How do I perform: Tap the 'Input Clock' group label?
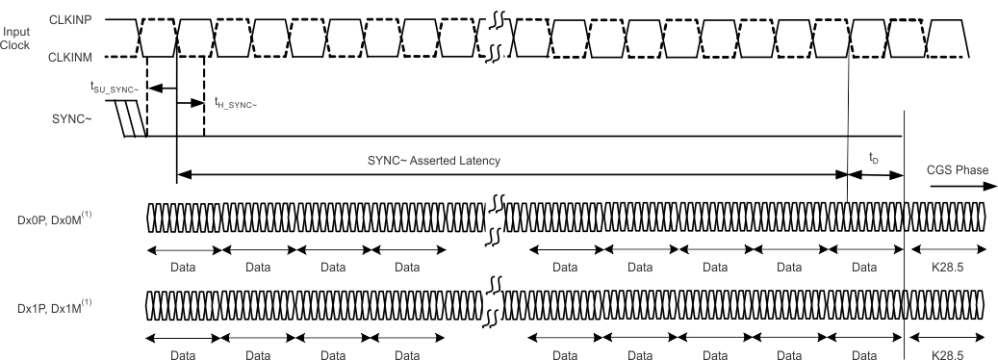[16, 38]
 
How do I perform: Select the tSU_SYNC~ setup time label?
[115, 88]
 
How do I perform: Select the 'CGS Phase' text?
[957, 170]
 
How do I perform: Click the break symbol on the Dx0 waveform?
[497, 219]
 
